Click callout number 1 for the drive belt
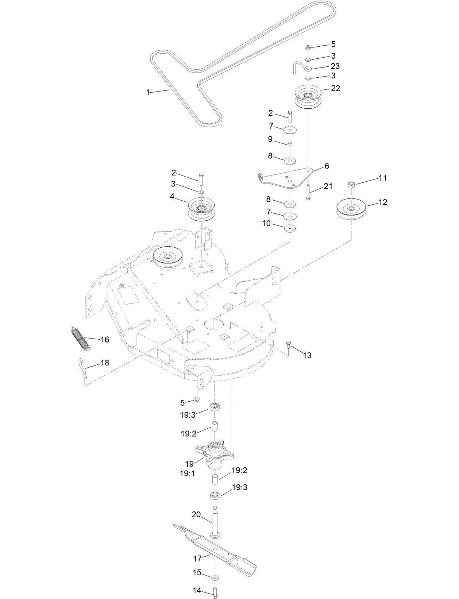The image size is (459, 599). [148, 93]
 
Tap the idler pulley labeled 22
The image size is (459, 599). [308, 96]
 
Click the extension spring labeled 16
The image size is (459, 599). [80, 339]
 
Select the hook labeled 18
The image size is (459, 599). [83, 368]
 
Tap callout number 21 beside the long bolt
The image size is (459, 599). [328, 186]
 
